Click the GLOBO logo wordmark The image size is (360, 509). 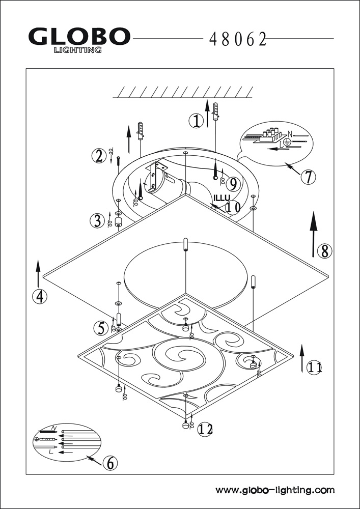(x=79, y=37)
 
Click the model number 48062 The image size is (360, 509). (x=238, y=39)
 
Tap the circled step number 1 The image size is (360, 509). (x=196, y=121)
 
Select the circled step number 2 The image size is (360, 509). (x=99, y=156)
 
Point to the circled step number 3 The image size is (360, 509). (x=97, y=221)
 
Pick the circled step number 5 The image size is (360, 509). (x=101, y=329)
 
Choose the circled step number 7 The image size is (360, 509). (x=308, y=177)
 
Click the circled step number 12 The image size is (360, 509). (x=204, y=430)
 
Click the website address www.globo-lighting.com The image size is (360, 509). (x=275, y=491)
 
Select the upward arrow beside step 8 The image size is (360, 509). (x=314, y=234)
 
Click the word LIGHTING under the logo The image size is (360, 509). (x=77, y=50)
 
